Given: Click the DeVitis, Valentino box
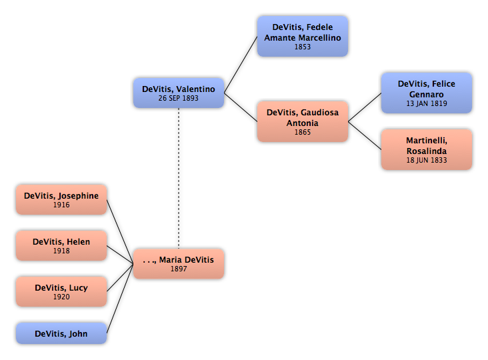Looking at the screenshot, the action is [179, 93].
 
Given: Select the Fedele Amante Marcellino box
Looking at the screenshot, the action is [303, 37].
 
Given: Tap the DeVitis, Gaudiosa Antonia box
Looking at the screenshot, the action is [303, 121].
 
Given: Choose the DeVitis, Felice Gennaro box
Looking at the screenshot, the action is [427, 93].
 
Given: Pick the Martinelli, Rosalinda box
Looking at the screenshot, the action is [427, 149].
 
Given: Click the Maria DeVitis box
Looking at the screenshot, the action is [179, 263].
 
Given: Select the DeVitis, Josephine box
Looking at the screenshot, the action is [61, 199].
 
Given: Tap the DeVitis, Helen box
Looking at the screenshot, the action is [61, 245].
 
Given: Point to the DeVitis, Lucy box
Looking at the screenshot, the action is [61, 291].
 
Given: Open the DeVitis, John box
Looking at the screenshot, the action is [61, 333].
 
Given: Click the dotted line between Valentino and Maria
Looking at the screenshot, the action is [179, 178].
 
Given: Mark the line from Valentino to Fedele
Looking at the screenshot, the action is [241, 65].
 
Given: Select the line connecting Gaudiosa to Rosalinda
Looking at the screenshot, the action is [365, 135].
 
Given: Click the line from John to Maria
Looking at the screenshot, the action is [120, 299].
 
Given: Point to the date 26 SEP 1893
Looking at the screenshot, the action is [178, 98].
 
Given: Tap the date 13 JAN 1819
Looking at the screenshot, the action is [427, 103].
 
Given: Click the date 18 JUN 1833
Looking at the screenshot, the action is [427, 160].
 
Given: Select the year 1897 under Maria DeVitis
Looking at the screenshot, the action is [179, 269].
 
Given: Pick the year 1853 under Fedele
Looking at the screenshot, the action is [303, 47].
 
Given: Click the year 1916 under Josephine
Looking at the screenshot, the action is [61, 205].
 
